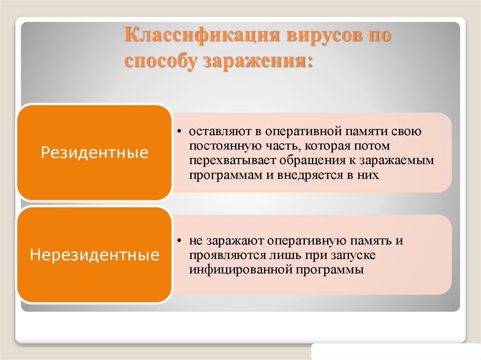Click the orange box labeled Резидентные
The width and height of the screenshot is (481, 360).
94,153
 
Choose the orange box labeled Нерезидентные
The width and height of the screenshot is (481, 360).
94,255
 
